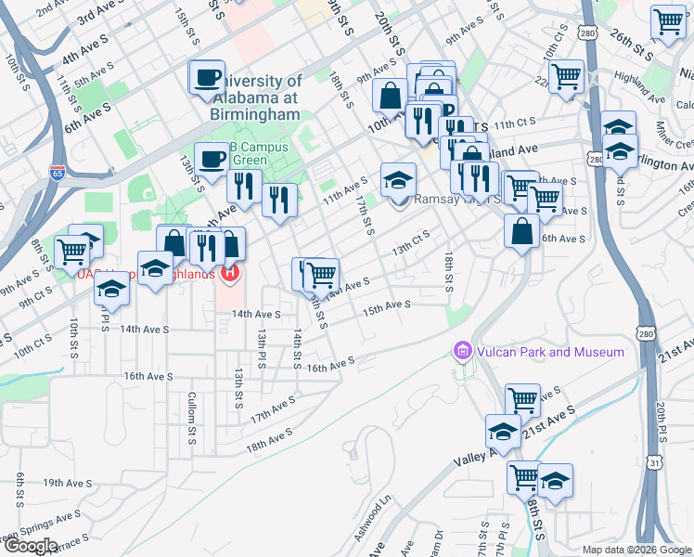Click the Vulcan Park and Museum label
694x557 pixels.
(551, 352)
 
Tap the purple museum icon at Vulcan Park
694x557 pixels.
(462, 352)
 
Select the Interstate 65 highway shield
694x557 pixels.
(58, 172)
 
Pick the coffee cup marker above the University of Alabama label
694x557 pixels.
(207, 77)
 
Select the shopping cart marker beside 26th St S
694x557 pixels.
(668, 22)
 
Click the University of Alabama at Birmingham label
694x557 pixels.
(251, 97)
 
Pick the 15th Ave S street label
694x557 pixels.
(386, 305)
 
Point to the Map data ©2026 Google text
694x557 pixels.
(637, 550)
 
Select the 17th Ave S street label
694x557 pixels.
(272, 408)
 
